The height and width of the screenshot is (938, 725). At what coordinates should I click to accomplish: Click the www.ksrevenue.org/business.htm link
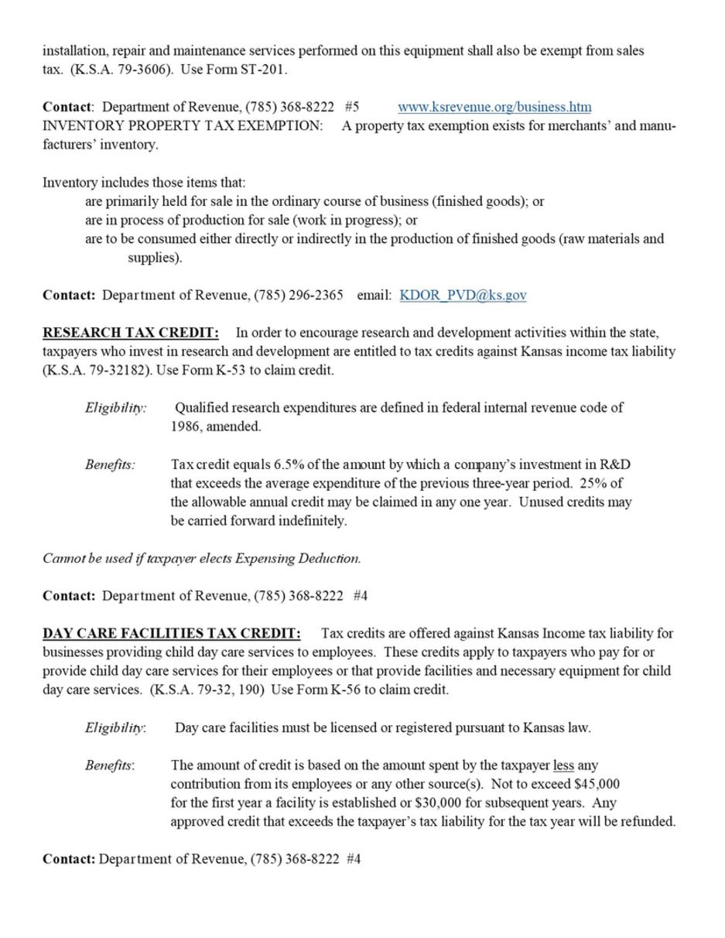pyautogui.click(x=494, y=107)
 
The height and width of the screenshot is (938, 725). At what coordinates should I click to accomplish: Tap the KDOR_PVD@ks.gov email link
pyautogui.click(x=463, y=295)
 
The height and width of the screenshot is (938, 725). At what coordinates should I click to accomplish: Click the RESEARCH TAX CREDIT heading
pyautogui.click(x=130, y=333)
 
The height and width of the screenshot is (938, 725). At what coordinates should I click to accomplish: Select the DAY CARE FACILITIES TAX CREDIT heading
pyautogui.click(x=171, y=633)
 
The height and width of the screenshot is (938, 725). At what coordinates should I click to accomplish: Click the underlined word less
pyautogui.click(x=563, y=765)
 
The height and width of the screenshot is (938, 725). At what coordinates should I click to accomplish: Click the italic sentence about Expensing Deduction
pyautogui.click(x=201, y=558)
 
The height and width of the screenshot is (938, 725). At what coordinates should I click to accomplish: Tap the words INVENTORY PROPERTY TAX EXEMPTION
pyautogui.click(x=183, y=125)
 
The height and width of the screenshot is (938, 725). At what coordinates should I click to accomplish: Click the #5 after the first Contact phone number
pyautogui.click(x=352, y=107)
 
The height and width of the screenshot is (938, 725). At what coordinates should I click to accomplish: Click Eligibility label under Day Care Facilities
pyautogui.click(x=115, y=727)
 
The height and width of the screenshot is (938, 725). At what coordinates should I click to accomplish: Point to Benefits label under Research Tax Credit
pyautogui.click(x=110, y=464)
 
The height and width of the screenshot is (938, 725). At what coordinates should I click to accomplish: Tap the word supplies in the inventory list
pyautogui.click(x=153, y=258)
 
